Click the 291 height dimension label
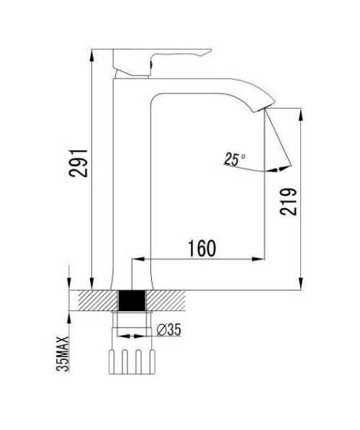[78, 164]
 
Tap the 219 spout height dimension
[288, 202]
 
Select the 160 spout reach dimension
[202, 248]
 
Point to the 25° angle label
[235, 159]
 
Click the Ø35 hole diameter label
[169, 330]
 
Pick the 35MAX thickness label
[63, 354]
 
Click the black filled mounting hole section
[132, 300]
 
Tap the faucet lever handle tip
[209, 50]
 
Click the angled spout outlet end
[264, 107]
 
